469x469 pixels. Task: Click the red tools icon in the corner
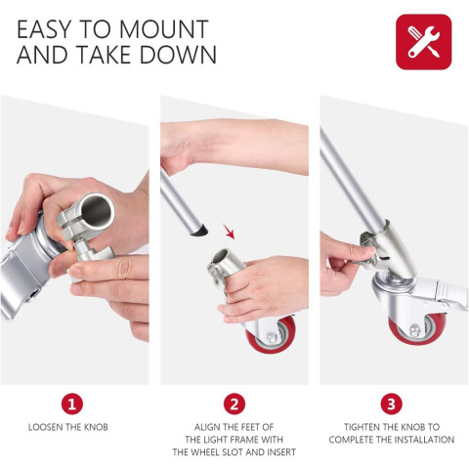click(x=423, y=42)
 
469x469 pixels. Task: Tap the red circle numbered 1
click(x=74, y=403)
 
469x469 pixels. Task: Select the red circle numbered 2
click(x=234, y=403)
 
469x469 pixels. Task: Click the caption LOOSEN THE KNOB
click(x=74, y=428)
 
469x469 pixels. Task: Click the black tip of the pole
click(x=201, y=231)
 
